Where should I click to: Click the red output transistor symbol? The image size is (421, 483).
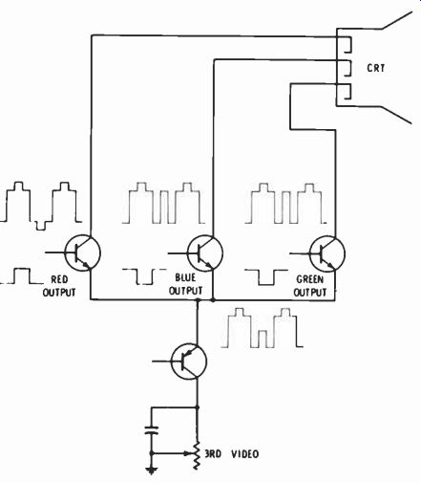[83, 252]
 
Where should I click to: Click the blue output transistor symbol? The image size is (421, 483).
[205, 252]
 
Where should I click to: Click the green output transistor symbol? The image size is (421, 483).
[327, 253]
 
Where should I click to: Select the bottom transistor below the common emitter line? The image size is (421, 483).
[189, 362]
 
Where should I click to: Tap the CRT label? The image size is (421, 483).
[376, 68]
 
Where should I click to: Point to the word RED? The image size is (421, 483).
[59, 279]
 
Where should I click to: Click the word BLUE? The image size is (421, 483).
[185, 277]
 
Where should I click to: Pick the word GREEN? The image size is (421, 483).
[310, 279]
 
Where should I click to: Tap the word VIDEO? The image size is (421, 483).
[244, 454]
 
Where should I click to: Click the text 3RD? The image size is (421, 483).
[213, 454]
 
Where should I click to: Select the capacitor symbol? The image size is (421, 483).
[152, 430]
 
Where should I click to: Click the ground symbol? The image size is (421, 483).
[152, 471]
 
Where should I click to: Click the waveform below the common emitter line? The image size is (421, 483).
[262, 328]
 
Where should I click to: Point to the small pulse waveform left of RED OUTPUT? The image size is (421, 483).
[22, 276]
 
